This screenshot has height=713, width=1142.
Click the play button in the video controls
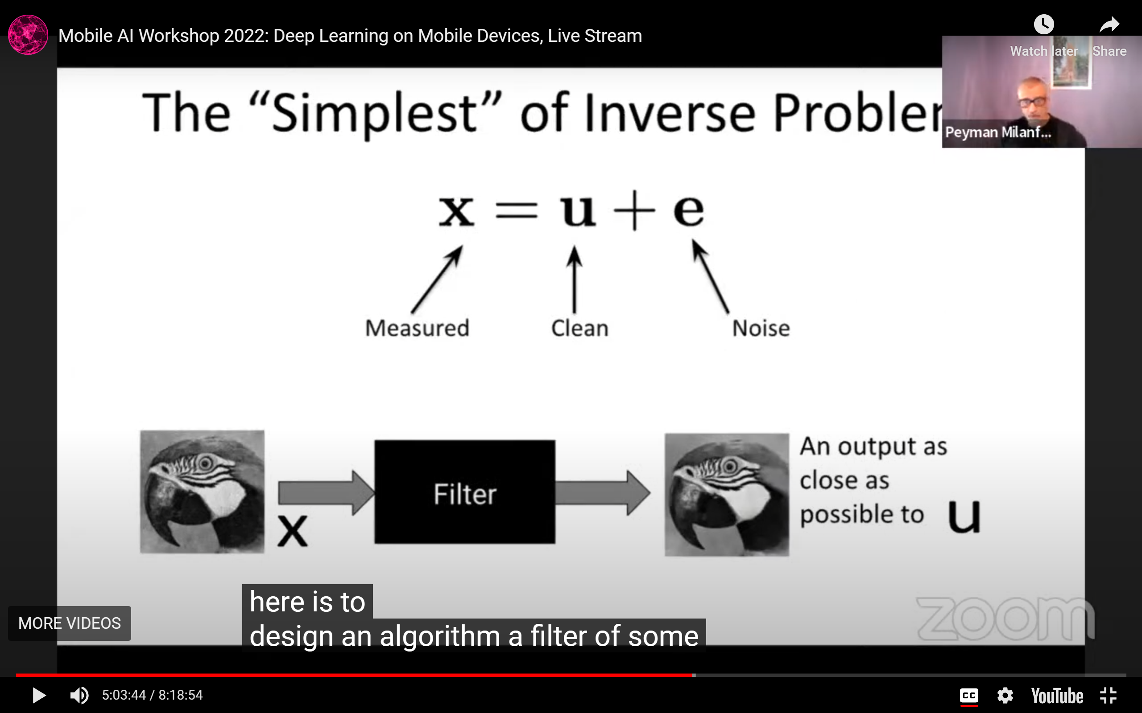point(39,695)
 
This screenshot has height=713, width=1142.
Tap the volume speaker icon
point(79,695)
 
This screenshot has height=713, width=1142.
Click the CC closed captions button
point(969,696)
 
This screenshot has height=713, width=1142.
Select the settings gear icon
point(1005,696)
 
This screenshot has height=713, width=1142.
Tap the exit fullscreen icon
point(1108,696)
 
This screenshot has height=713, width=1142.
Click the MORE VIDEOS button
point(70,623)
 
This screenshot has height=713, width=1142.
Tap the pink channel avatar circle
point(28,35)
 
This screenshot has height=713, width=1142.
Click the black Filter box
point(464,492)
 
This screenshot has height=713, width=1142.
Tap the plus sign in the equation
point(634,210)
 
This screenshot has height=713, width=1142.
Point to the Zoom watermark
point(1005,619)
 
